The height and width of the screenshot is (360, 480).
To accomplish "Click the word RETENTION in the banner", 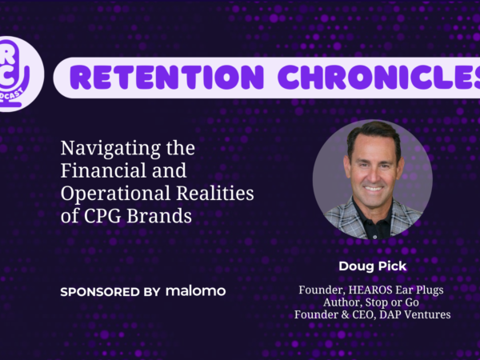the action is point(168,77).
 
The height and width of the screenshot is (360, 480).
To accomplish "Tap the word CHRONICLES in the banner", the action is point(379,77).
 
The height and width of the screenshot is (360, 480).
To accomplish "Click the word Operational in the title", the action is point(115,194).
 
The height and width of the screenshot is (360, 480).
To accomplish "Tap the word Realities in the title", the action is point(215,193).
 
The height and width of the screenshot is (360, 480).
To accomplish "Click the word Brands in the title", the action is point(159,215).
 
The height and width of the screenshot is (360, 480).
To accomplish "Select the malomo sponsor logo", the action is point(196,291).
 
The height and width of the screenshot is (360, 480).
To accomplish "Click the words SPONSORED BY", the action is point(110,292).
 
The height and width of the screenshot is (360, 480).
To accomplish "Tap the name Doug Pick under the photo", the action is point(373,266).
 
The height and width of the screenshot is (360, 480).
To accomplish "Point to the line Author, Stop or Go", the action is point(371,302).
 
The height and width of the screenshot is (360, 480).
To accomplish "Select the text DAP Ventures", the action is point(414,314).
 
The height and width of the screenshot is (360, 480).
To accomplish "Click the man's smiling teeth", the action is point(373,188).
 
